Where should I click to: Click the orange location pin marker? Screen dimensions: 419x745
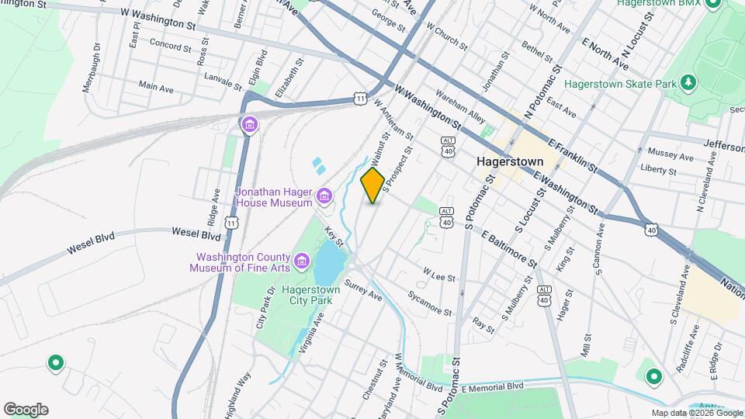click(x=372, y=185)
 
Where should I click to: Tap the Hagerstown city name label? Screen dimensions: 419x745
click(x=508, y=163)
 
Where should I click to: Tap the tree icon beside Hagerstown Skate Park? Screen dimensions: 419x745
click(x=686, y=82)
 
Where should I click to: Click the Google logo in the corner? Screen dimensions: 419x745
click(x=26, y=409)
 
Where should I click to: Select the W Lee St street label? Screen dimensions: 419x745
click(x=438, y=275)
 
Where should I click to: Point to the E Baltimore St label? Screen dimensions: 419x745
click(x=509, y=248)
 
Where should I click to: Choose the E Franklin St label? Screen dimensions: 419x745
click(x=572, y=155)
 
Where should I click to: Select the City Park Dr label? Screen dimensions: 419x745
click(x=265, y=308)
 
